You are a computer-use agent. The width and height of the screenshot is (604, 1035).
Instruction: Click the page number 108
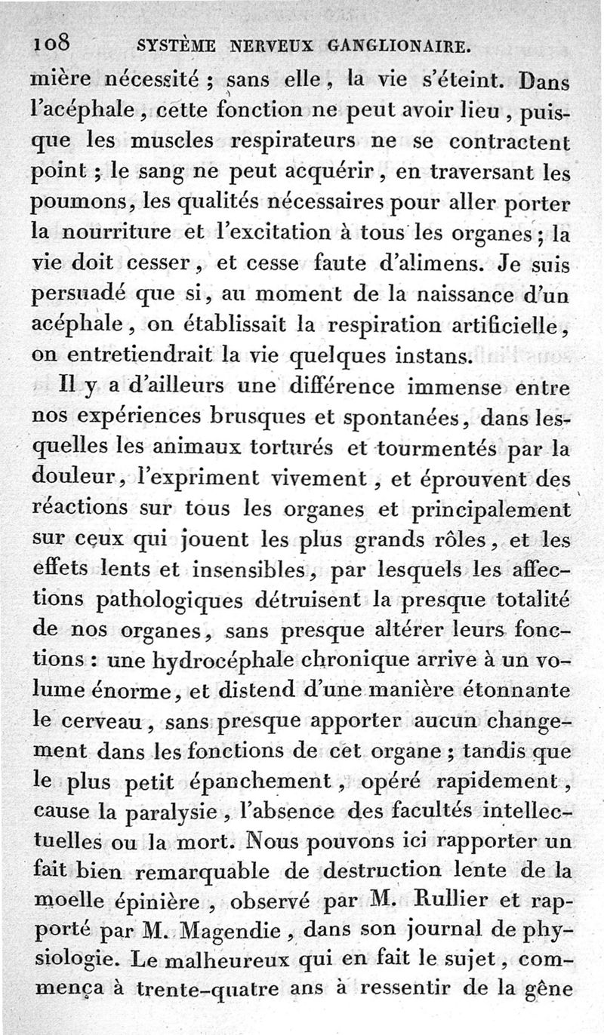coord(51,45)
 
